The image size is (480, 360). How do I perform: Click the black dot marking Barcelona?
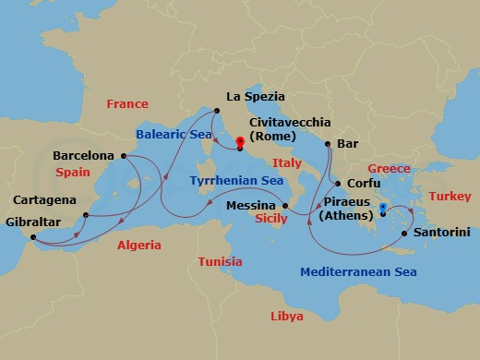tap(123, 156)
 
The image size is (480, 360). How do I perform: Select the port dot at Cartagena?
tap(85, 216)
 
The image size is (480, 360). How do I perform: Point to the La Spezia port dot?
tap(217, 112)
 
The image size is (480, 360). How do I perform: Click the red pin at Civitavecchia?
tap(240, 142)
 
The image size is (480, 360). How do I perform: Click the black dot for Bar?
tap(327, 144)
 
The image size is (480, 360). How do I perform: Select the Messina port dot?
tap(285, 205)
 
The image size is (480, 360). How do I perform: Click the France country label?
tap(127, 104)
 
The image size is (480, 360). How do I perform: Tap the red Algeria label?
tap(138, 246)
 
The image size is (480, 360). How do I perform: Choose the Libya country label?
tap(286, 316)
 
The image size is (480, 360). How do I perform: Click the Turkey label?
tap(450, 197)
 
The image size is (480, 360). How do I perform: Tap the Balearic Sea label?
tap(174, 134)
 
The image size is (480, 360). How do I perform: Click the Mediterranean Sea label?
tap(359, 271)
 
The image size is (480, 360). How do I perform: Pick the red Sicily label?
tap(271, 220)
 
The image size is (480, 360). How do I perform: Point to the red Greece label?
tap(389, 169)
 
